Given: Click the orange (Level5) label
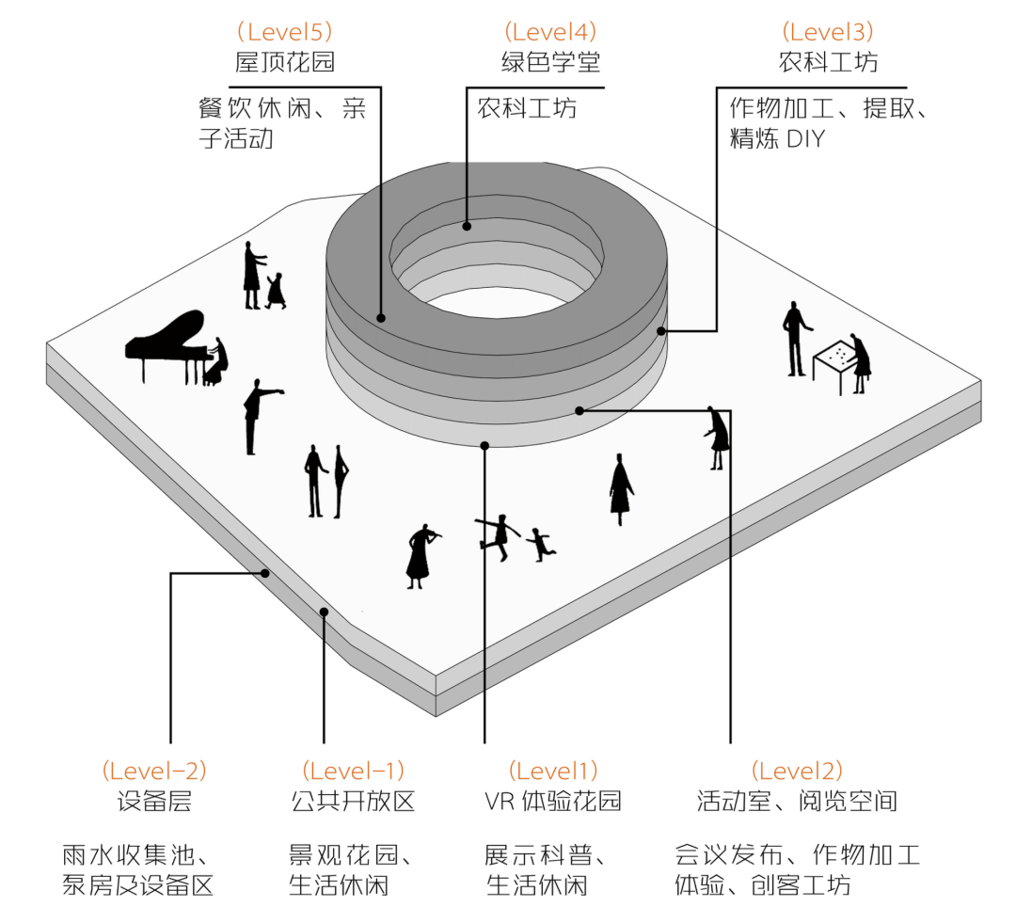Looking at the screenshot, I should (x=284, y=32).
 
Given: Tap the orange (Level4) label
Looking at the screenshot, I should (x=550, y=32).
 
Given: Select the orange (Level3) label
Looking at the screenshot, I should (x=828, y=32).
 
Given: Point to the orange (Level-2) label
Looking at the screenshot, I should (x=154, y=771).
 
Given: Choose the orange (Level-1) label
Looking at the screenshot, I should (x=353, y=771).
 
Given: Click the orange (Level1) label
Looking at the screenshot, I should (x=553, y=771).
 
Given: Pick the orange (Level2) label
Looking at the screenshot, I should (x=797, y=771).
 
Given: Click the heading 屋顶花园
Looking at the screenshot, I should (x=284, y=62).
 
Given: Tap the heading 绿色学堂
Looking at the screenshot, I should (x=550, y=62).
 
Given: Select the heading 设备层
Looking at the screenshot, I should (x=154, y=801).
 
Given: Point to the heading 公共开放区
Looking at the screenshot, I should (x=353, y=801).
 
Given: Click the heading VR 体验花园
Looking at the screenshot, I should (x=553, y=801).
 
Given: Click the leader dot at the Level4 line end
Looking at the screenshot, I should (x=466, y=226).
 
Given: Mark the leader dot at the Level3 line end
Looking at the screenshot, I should (x=662, y=331).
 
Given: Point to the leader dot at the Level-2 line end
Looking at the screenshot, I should (x=266, y=573).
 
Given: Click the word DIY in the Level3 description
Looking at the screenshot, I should (x=805, y=139).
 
